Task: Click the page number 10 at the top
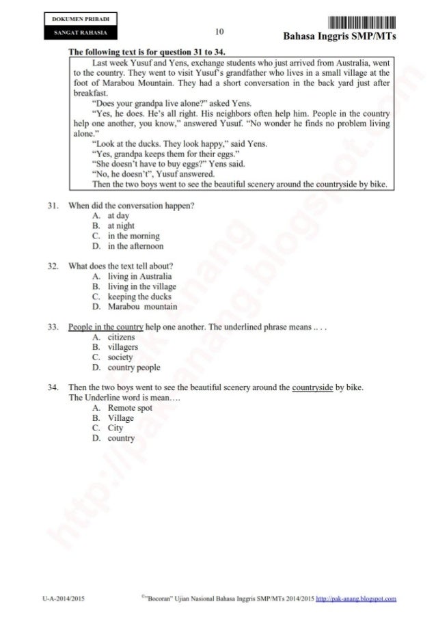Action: click(219, 31)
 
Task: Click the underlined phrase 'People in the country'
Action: click(103, 327)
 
